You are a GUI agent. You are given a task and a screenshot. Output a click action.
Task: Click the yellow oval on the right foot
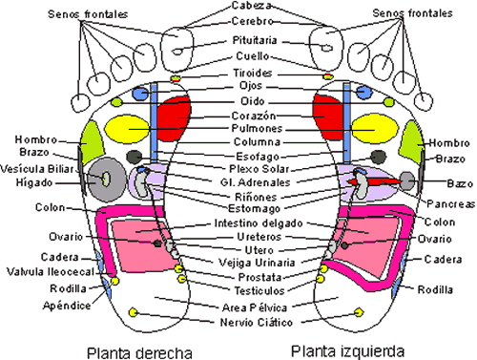[x=126, y=127]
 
